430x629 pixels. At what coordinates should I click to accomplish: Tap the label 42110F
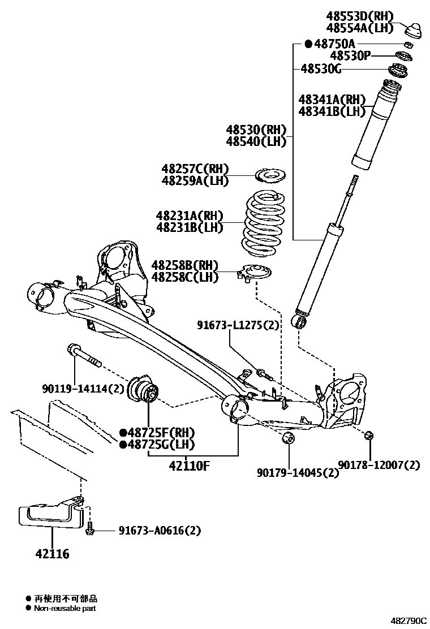pyautogui.click(x=190, y=466)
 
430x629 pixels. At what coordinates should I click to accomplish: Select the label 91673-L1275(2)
pyautogui.click(x=238, y=325)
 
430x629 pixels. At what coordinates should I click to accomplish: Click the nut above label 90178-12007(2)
pyautogui.click(x=369, y=436)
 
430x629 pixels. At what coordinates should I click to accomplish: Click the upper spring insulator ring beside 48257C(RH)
pyautogui.click(x=271, y=176)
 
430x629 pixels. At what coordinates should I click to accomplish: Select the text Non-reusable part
pyautogui.click(x=65, y=608)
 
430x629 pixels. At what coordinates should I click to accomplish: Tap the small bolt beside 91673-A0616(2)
pyautogui.click(x=90, y=530)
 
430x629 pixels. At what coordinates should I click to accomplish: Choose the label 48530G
pyautogui.click(x=321, y=69)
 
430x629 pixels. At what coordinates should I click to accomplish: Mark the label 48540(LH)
pyautogui.click(x=256, y=141)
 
